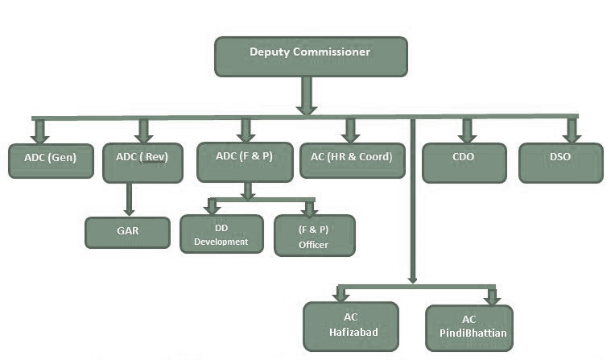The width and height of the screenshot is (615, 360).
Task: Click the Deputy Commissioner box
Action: click(311, 56)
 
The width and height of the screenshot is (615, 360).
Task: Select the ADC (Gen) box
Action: click(50, 160)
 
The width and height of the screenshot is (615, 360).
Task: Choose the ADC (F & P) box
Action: click(245, 161)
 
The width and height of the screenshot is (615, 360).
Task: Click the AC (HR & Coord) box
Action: click(351, 161)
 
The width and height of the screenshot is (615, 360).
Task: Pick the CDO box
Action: click(464, 161)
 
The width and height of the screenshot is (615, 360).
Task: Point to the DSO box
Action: click(560, 161)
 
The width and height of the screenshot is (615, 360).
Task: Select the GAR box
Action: click(128, 232)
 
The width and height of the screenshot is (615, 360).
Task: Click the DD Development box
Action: click(221, 234)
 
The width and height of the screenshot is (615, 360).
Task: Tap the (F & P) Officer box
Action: click(313, 235)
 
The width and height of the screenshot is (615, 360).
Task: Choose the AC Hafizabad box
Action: click(350, 326)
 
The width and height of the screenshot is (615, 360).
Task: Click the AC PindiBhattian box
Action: click(469, 328)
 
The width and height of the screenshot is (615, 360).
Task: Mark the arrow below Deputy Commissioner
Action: click(306, 96)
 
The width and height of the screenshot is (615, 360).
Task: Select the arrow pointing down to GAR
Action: click(129, 199)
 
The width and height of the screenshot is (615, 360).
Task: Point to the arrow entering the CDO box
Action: click(465, 131)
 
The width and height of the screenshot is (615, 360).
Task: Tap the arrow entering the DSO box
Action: click(572, 131)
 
